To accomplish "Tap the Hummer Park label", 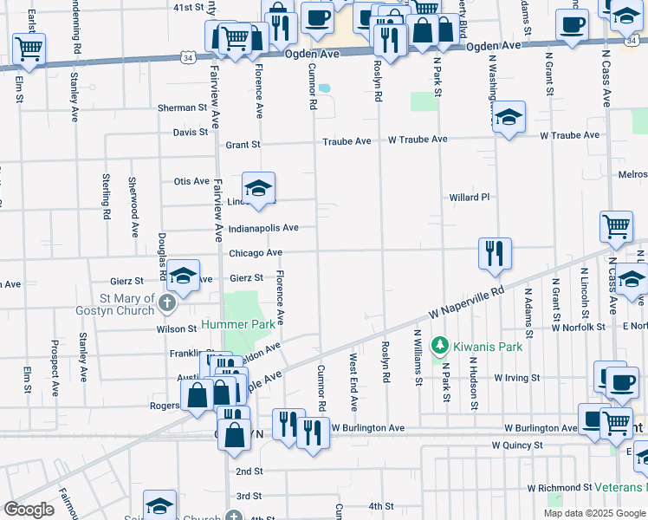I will [238, 325].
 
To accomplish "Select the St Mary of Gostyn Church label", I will [126, 304].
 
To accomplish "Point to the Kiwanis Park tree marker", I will [440, 346].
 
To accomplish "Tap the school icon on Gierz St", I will [183, 276].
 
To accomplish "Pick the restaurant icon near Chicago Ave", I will [494, 253].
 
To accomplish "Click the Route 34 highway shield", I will [188, 57].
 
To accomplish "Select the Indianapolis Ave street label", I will [263, 228].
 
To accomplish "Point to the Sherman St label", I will [177, 108].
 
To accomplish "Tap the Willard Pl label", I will [469, 198].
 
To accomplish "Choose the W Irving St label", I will [516, 378].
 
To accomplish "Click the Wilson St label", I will [177, 329].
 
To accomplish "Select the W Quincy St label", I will [517, 445].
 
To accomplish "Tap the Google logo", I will [29, 509].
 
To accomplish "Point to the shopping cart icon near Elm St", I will [29, 50].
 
